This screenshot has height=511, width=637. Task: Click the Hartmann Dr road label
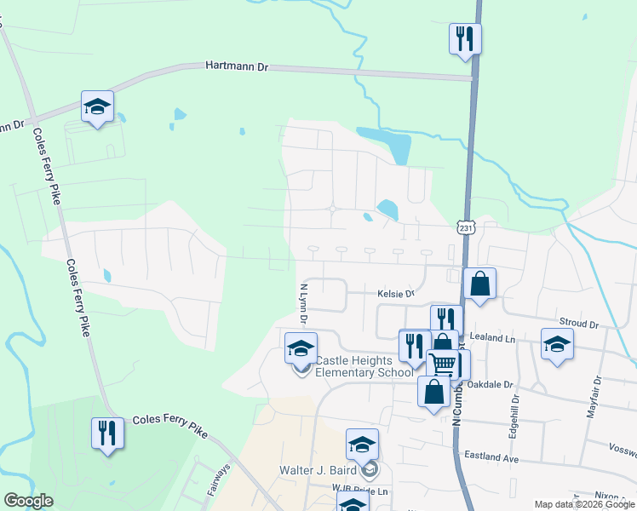click(237, 66)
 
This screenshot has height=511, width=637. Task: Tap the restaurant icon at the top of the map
click(465, 38)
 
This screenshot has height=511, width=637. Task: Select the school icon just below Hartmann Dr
click(97, 106)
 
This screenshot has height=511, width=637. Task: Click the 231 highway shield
click(465, 228)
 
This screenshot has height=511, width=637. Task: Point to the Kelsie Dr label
click(396, 294)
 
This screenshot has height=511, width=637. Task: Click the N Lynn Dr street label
click(302, 304)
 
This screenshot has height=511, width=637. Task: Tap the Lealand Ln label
click(498, 339)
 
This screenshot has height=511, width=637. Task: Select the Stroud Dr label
click(579, 324)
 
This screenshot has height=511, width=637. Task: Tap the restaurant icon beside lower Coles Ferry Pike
click(107, 433)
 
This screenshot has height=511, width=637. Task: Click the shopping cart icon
click(442, 363)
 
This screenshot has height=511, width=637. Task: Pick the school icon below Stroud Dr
click(557, 344)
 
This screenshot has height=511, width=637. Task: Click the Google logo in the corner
click(28, 501)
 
